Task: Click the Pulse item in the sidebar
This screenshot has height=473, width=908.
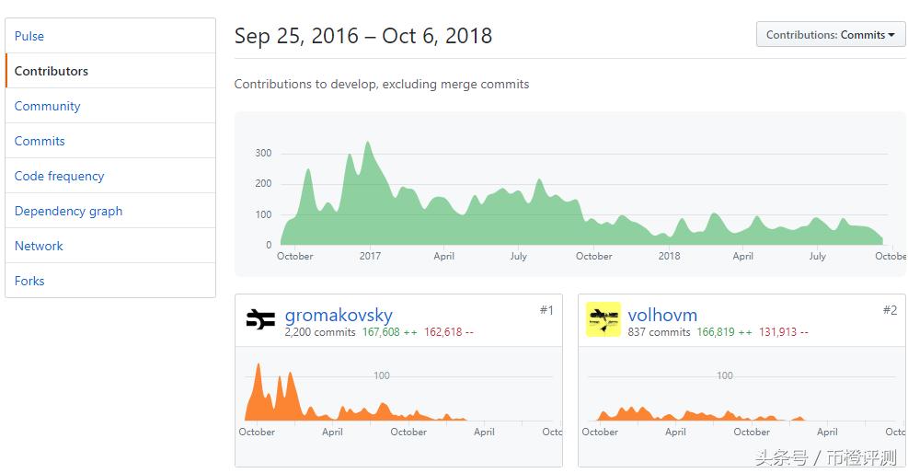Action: [29, 36]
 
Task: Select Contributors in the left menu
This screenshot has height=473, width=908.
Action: [52, 71]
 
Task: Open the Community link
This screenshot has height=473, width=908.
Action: [47, 106]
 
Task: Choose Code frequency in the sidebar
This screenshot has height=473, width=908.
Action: [59, 176]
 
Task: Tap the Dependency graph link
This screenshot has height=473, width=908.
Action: [68, 211]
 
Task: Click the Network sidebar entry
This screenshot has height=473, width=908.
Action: [39, 246]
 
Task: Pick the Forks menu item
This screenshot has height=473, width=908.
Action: [29, 281]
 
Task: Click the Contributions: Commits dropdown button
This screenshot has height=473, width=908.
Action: [830, 35]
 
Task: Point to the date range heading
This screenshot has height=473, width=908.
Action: [363, 36]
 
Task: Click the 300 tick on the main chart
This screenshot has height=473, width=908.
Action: [263, 153]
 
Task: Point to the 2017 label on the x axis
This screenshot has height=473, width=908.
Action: [370, 256]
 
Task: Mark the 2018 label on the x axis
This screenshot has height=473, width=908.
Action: [669, 256]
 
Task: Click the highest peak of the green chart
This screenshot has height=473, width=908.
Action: [368, 143]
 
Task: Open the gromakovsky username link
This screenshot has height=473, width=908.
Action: [339, 315]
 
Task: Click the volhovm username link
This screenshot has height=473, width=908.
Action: [662, 315]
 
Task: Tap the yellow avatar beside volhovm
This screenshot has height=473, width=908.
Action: [603, 319]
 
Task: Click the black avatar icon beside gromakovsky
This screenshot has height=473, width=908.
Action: [260, 319]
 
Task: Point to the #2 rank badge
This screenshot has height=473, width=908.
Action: [890, 310]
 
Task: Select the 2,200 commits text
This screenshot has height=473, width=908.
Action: [320, 332]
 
